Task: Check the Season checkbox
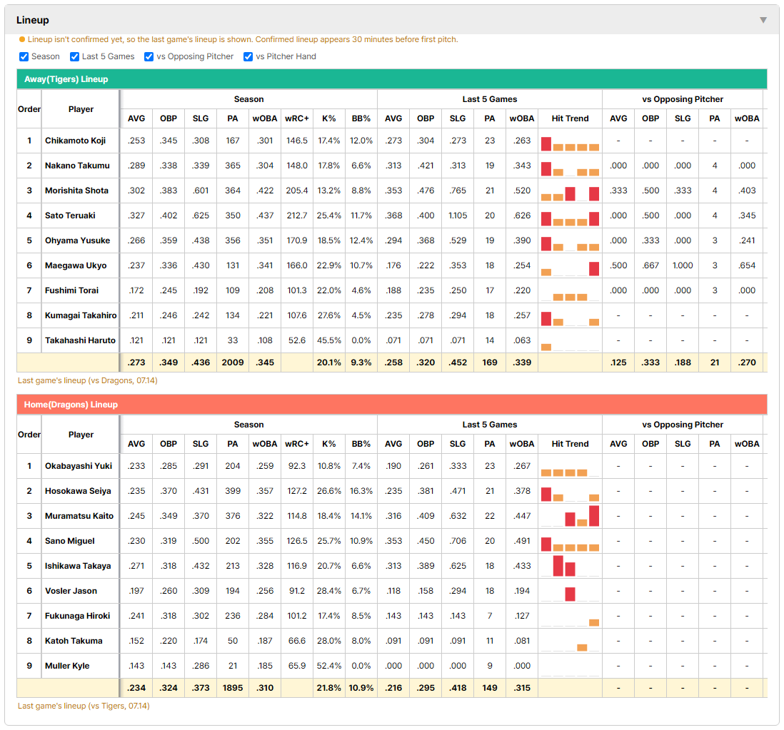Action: [24, 56]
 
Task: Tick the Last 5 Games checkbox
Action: [74, 56]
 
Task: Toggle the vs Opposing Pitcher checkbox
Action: [149, 56]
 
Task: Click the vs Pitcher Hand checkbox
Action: [248, 56]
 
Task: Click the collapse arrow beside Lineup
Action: [763, 20]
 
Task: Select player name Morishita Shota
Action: [76, 191]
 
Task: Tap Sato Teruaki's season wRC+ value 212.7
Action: [297, 216]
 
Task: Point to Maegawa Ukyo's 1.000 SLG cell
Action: [683, 265]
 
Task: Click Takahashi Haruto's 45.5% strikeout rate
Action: [329, 340]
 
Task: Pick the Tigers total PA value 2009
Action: [233, 363]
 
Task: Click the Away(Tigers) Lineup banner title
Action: [66, 79]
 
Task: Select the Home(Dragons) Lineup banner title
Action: [71, 404]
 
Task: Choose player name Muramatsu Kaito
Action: [79, 516]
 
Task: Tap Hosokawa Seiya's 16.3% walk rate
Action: [361, 491]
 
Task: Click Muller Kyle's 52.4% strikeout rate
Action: [329, 666]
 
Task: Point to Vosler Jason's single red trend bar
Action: [570, 594]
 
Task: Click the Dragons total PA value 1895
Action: [233, 687]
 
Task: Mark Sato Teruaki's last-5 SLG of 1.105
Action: [458, 216]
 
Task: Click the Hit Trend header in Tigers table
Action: [570, 118]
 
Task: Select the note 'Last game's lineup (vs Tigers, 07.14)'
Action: [84, 706]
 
